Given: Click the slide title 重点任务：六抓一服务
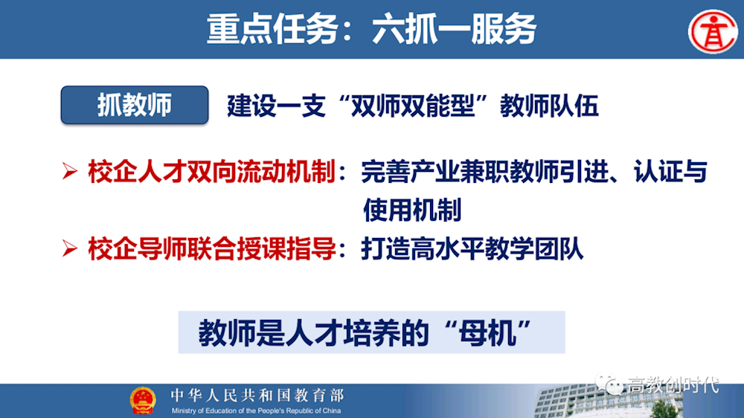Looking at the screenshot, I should tap(371, 29).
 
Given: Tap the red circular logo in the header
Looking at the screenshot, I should tap(711, 30).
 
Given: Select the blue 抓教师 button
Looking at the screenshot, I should tap(134, 106).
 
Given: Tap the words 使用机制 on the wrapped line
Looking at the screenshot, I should tap(412, 210).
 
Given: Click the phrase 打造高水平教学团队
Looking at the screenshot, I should tap(472, 248).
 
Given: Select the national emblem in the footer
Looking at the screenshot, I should tap(143, 399).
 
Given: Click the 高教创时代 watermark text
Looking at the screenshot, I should tap(673, 385).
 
